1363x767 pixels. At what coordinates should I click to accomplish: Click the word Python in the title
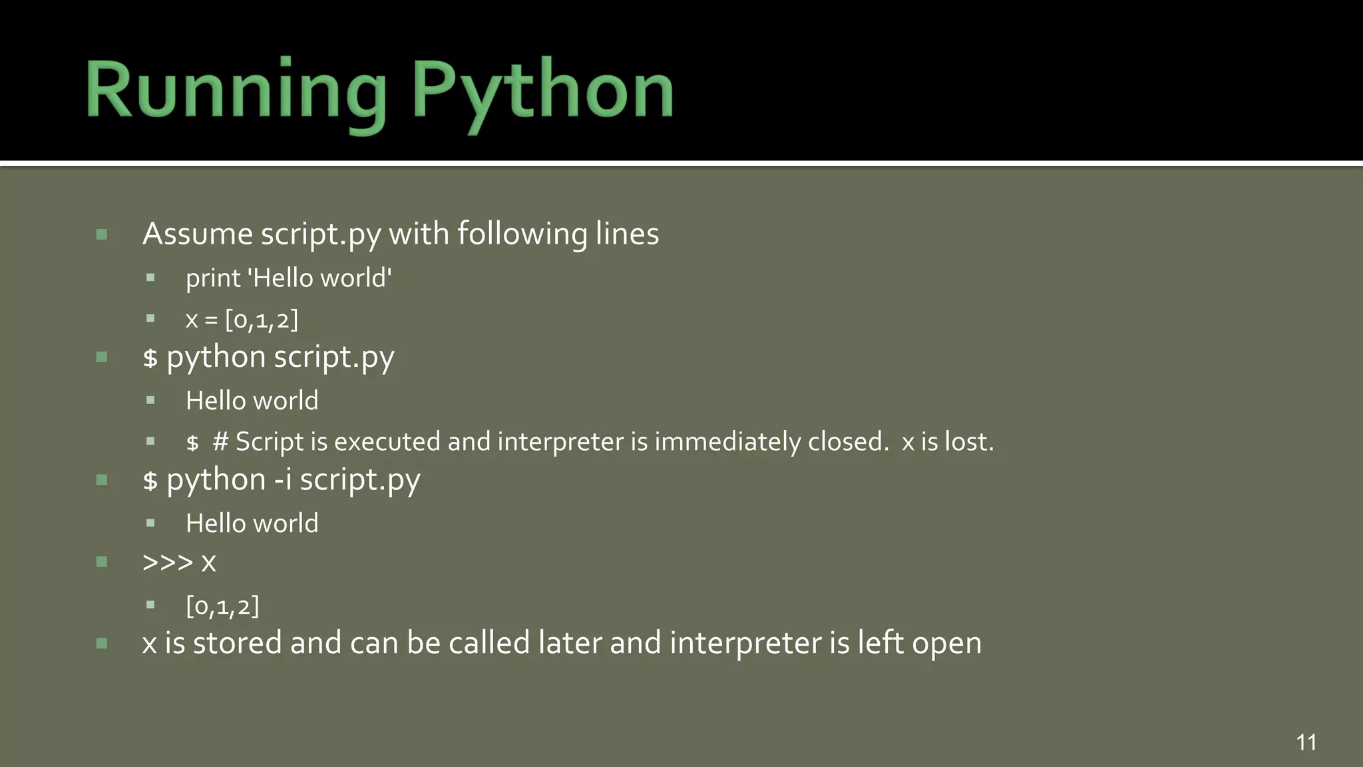(x=542, y=90)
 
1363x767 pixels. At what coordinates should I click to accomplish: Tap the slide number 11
(x=1306, y=742)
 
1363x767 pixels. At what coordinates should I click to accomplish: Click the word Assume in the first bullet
(x=198, y=234)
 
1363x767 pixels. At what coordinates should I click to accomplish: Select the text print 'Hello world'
(x=288, y=278)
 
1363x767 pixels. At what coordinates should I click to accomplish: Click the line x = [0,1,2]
(x=242, y=320)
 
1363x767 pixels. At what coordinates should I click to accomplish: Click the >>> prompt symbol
(x=168, y=562)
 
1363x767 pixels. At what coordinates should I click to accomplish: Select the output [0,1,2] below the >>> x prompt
(x=222, y=606)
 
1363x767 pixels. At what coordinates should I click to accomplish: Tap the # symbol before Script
(x=220, y=441)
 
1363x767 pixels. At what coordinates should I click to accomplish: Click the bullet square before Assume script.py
(x=102, y=234)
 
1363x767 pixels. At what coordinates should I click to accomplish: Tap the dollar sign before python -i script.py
(x=150, y=481)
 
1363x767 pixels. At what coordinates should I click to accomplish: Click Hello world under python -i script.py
(x=252, y=523)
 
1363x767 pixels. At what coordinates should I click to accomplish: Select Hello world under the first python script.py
(x=252, y=401)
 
